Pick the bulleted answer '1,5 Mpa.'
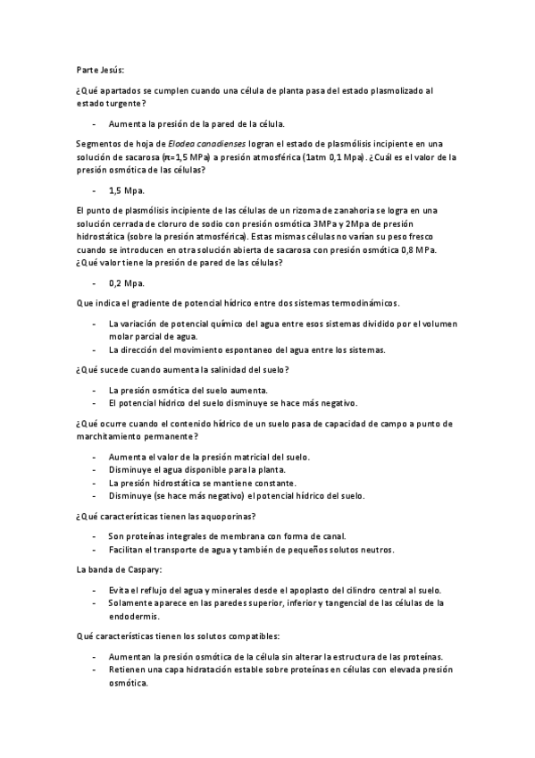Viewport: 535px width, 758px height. click(x=126, y=190)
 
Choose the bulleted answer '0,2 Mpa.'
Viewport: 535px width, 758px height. click(x=126, y=282)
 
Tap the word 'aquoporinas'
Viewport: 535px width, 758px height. click(x=226, y=516)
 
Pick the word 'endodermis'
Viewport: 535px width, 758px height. click(x=134, y=616)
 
